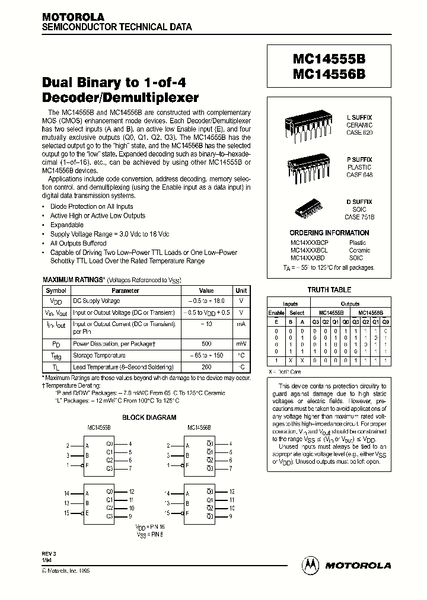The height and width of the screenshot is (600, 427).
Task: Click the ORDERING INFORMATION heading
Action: click(329, 233)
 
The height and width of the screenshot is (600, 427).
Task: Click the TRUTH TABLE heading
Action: click(329, 290)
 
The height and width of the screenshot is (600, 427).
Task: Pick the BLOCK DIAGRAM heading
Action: click(149, 417)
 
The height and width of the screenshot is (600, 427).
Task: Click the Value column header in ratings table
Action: click(206, 291)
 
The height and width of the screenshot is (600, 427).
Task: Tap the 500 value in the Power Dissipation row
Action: click(206, 343)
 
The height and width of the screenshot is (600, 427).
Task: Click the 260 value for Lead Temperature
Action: click(206, 368)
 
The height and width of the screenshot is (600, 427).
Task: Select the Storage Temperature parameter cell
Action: click(100, 355)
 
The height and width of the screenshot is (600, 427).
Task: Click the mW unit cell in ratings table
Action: click(241, 343)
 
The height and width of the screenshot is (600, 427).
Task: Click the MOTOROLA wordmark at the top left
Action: click(73, 17)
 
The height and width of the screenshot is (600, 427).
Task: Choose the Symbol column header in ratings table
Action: click(56, 291)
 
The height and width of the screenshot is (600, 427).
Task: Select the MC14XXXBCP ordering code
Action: click(309, 242)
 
